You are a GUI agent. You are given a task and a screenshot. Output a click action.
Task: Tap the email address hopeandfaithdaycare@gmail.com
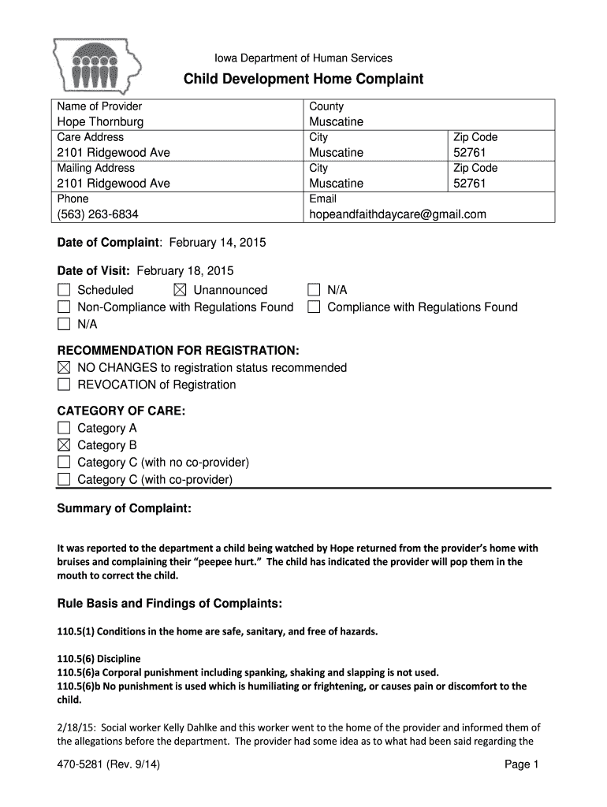[x=397, y=214]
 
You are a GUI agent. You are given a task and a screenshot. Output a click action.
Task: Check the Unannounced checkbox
[x=180, y=291]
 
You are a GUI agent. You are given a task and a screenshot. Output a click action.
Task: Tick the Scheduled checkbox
[x=64, y=291]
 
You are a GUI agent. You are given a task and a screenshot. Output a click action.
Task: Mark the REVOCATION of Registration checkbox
[x=64, y=385]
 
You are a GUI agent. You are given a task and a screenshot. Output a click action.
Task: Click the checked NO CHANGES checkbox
[x=64, y=368]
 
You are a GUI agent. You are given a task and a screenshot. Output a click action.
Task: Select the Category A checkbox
[x=64, y=429]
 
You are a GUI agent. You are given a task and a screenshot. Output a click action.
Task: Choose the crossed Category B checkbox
[x=64, y=445]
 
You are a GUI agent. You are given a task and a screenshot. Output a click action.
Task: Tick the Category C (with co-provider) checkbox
[x=64, y=480]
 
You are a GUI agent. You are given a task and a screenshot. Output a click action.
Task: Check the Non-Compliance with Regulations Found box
[x=64, y=307]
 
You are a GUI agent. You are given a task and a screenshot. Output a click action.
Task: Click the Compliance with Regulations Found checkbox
[x=314, y=307]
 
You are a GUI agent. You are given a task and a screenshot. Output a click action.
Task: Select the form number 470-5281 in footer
[x=83, y=764]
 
